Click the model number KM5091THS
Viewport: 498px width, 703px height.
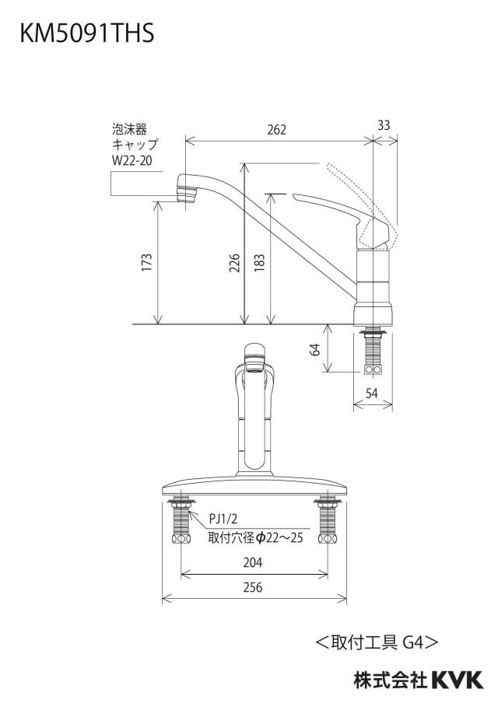click(87, 34)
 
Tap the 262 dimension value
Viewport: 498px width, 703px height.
click(276, 130)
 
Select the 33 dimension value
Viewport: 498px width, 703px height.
click(384, 125)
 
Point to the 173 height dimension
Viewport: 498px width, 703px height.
click(147, 262)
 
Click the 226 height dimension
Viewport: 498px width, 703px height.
click(234, 262)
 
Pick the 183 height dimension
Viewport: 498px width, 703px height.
click(259, 262)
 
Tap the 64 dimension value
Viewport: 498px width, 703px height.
click(315, 349)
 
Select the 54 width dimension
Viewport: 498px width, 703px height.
click(372, 393)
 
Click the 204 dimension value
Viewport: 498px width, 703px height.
click(253, 562)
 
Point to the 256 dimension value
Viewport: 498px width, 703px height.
click(253, 587)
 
